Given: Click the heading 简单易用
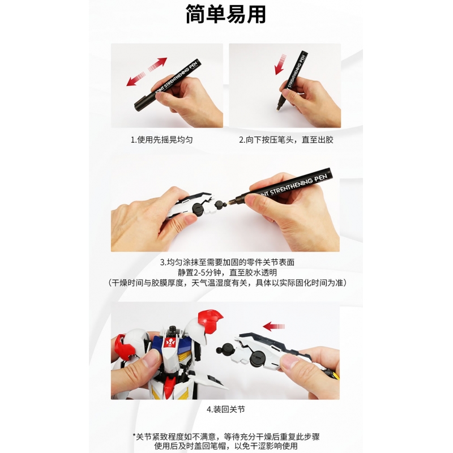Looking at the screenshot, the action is [x=225, y=14].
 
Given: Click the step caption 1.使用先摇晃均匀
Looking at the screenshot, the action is [x=161, y=140].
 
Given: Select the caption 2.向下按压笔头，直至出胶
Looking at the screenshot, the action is [x=286, y=140].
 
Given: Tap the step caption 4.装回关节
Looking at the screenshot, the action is [x=225, y=409].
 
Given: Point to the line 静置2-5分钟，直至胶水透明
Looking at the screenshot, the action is [x=227, y=272].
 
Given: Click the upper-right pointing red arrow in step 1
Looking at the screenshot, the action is [x=158, y=64].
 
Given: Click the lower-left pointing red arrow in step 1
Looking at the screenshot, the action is [x=136, y=79].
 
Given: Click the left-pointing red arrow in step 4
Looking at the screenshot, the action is [x=274, y=327].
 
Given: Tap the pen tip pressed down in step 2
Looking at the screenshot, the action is [x=279, y=108].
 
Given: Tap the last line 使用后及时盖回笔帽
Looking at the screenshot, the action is [x=226, y=446].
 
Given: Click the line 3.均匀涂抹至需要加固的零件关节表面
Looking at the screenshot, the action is [x=227, y=262].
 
